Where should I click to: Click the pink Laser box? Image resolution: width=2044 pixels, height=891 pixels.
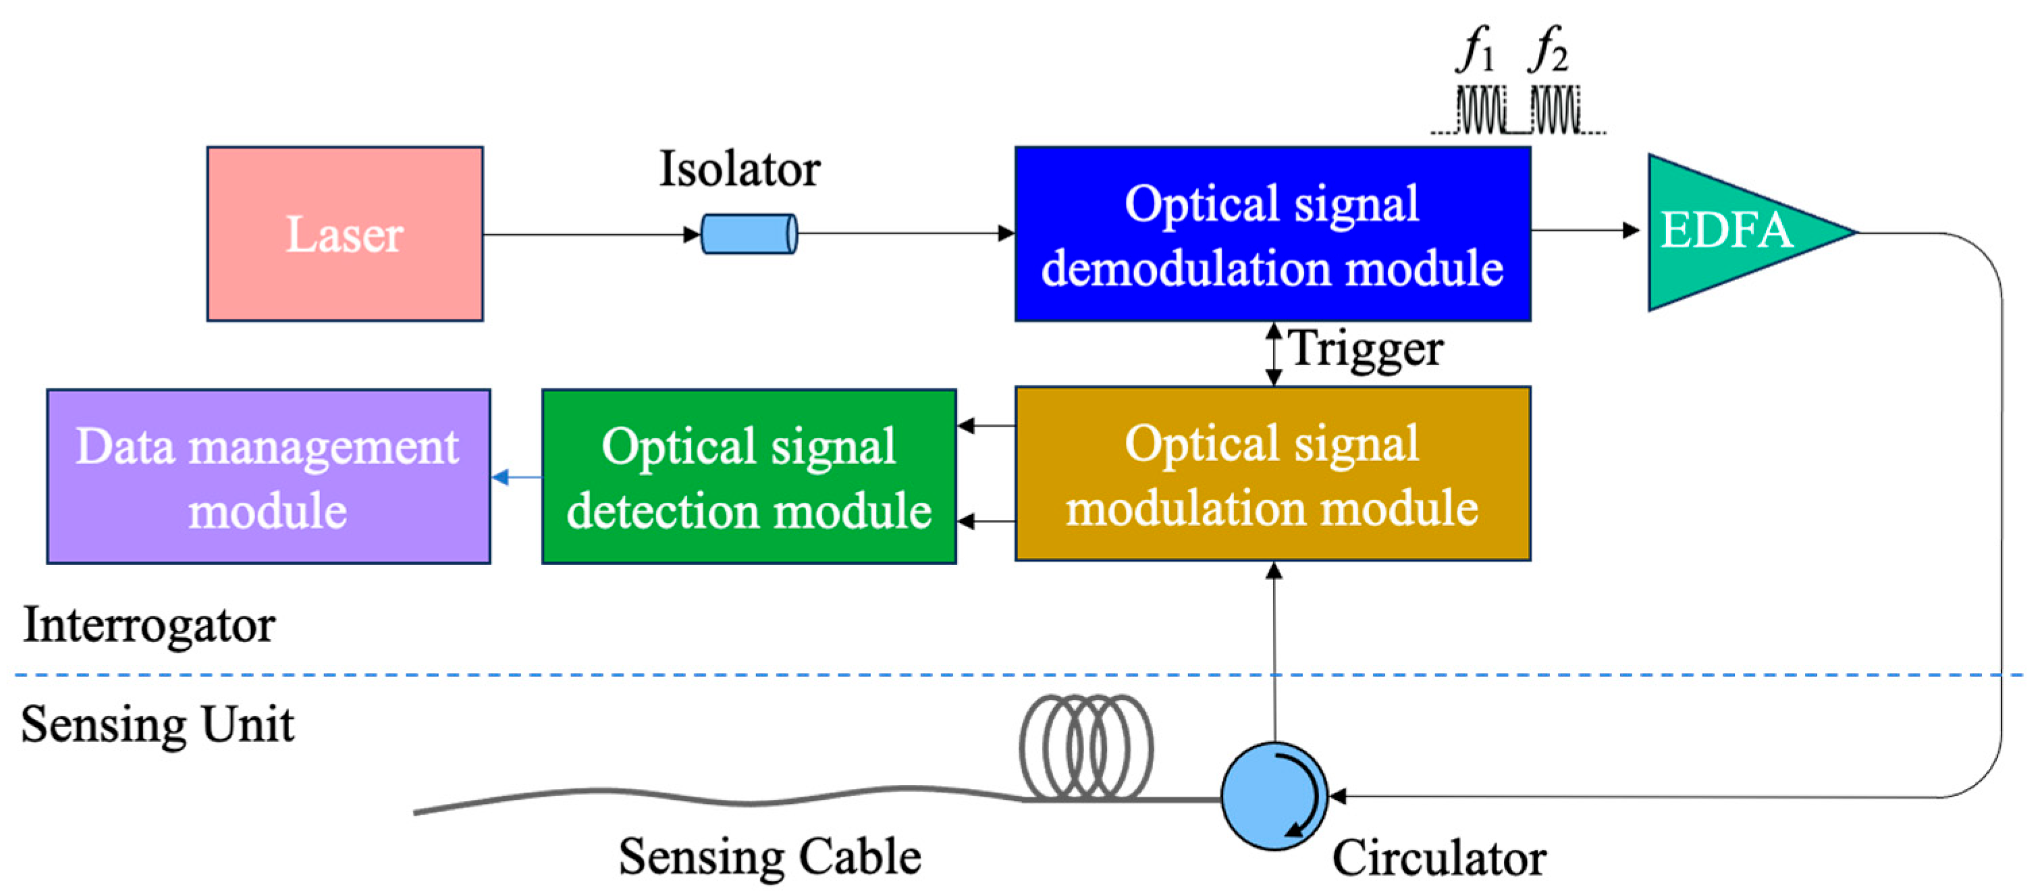click(344, 234)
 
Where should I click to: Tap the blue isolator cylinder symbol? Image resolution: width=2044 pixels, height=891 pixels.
click(748, 234)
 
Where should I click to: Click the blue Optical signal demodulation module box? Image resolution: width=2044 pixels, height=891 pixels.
click(1272, 234)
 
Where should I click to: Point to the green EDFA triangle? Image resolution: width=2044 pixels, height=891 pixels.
click(1730, 232)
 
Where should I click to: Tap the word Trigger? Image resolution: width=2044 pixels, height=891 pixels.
click(1365, 349)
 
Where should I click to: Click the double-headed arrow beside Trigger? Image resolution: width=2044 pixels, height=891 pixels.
click(1274, 354)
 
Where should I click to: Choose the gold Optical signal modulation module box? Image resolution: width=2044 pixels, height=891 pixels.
click(1272, 475)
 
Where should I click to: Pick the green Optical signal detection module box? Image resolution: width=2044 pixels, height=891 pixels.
click(748, 476)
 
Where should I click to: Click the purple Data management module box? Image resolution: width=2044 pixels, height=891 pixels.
click(268, 476)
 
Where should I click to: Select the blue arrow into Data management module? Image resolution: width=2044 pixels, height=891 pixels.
click(516, 477)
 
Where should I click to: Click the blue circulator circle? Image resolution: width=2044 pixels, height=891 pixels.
click(1274, 796)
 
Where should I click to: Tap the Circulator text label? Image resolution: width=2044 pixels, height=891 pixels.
click(1438, 859)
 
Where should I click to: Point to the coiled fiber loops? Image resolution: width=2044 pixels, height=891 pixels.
click(1085, 747)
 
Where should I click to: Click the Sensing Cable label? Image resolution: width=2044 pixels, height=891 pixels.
click(770, 857)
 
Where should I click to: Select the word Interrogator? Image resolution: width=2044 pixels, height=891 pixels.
click(149, 625)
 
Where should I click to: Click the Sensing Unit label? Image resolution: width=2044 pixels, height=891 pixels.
click(157, 724)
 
